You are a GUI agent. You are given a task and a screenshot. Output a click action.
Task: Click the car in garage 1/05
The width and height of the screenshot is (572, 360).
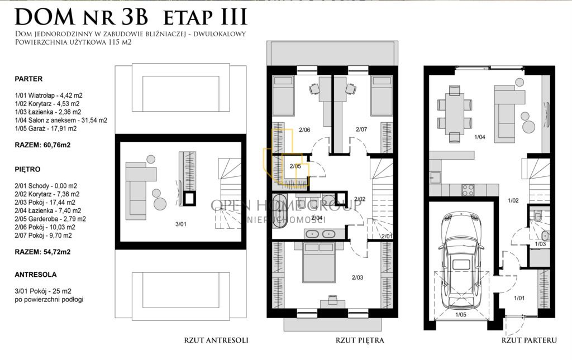coord(461,262)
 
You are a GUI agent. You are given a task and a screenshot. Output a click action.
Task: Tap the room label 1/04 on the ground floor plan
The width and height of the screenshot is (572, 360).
coord(480,137)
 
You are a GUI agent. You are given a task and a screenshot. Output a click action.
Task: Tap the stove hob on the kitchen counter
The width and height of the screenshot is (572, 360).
coord(469,189)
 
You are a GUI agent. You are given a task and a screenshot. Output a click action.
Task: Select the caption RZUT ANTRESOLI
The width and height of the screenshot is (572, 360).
coord(216,340)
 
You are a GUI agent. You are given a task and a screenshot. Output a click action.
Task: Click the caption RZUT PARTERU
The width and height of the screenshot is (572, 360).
coord(529,340)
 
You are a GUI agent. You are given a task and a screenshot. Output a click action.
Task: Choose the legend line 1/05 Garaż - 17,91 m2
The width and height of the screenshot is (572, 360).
coord(46,128)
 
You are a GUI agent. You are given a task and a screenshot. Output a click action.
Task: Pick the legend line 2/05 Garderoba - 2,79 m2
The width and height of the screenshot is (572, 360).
coord(50,219)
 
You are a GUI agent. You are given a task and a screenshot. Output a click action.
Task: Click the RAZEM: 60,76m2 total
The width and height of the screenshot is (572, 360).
coord(42,145)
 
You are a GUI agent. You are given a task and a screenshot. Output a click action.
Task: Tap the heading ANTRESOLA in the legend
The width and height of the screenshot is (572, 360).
coord(36,275)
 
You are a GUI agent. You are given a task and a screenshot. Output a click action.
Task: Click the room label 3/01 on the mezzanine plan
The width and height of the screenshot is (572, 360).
coord(180,224)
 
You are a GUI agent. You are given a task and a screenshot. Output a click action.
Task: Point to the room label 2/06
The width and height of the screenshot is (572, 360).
coord(304,129)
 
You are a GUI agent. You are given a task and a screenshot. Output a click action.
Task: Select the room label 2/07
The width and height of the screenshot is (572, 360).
coord(361,129)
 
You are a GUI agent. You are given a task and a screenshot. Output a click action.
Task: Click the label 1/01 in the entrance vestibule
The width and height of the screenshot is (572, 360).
coord(519,298)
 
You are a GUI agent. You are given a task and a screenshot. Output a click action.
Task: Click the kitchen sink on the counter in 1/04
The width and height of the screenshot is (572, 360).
coord(435,177)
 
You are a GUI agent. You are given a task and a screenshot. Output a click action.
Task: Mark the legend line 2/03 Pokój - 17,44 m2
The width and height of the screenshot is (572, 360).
coord(45,202)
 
